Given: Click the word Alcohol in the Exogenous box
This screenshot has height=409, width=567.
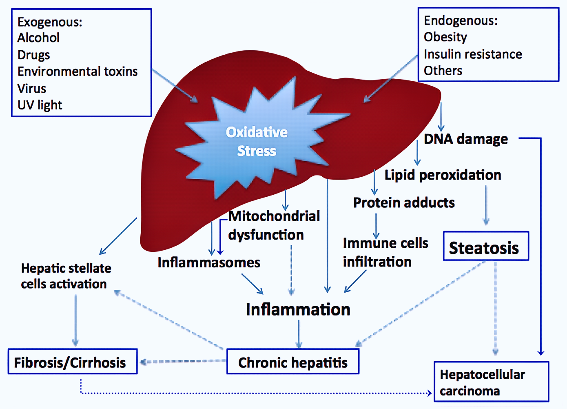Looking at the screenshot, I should click(38, 38).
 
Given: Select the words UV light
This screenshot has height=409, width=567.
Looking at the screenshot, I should click(40, 105).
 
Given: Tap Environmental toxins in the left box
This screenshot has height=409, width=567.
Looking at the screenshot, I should click(78, 71).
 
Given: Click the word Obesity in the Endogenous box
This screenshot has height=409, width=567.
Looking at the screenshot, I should click(445, 37).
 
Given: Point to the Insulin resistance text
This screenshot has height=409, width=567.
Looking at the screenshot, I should click(473, 54).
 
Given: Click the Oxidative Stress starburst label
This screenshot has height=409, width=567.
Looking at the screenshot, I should click(257, 141).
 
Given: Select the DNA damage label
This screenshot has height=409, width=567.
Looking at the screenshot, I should click(466, 139).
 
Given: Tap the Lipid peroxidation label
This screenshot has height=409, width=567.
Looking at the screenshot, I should click(443, 175).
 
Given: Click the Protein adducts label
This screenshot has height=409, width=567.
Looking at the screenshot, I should click(404, 202).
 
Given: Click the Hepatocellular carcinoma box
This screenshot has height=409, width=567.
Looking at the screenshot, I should click(491, 382).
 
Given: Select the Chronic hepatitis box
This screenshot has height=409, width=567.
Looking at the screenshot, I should click(293, 362).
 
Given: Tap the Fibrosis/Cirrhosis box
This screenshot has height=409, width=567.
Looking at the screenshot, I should click(72, 362).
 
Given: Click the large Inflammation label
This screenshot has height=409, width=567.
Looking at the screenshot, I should click(298, 309).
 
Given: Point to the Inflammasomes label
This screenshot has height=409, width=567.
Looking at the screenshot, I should click(209, 262).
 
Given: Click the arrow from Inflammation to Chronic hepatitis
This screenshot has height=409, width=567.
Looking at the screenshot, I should click(299, 334).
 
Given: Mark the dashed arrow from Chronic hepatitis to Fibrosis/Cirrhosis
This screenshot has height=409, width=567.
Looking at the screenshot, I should click(184, 361).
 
